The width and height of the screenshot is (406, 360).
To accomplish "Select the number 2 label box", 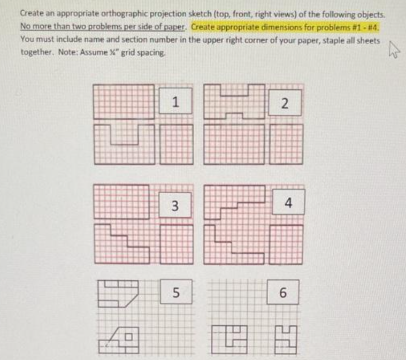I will pos(285,104).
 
